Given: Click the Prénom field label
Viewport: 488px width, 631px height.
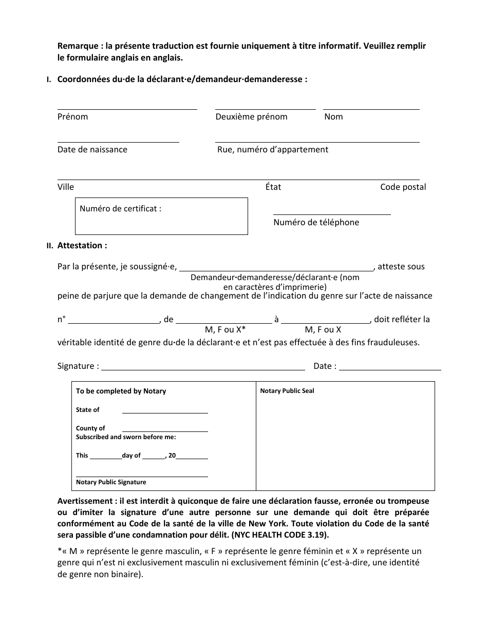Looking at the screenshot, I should coord(72,117).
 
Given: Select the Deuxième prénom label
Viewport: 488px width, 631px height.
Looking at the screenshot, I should coord(251,117).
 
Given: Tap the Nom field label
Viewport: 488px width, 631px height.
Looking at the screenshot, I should coord(333,117).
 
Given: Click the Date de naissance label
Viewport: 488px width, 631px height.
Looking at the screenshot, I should coord(92,150).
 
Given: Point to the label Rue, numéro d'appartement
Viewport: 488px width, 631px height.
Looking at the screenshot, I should coord(272,150).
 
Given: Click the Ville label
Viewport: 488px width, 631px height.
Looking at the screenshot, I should coord(66,187).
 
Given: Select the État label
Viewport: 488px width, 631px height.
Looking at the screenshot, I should coord(273,187).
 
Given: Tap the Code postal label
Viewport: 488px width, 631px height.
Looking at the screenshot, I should coord(403,187).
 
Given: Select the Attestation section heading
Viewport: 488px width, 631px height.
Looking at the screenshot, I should coord(82,246).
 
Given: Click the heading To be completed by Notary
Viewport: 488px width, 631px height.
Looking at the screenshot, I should coord(121,391).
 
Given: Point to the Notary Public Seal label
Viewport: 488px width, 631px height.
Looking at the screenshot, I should coord(287,391).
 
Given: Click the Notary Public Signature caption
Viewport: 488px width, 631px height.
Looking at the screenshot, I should coord(111,482).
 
